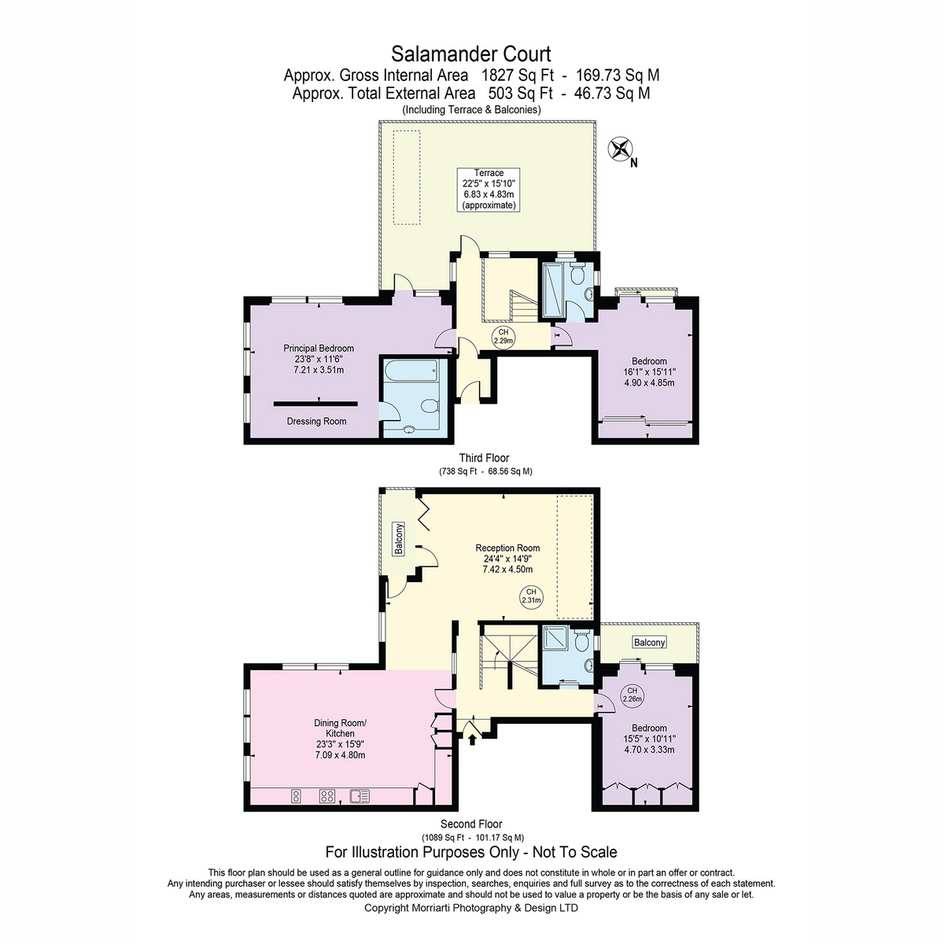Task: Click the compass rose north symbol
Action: pos(620,149)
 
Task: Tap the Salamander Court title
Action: pos(470,54)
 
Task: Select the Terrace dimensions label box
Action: pos(489,190)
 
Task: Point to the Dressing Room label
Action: pos(316,422)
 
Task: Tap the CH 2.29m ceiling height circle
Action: pos(503,337)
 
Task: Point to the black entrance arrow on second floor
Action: pos(472,739)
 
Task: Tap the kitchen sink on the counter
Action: pos(360,797)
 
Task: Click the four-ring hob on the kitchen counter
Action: pos(326,797)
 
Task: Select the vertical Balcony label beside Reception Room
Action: pos(399,539)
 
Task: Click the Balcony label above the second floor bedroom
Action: pos(649,642)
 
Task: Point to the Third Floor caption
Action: pos(484,458)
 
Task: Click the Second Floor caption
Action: pos(471,824)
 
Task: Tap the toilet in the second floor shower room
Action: pos(581,641)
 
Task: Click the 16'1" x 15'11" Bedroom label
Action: pos(649,372)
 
